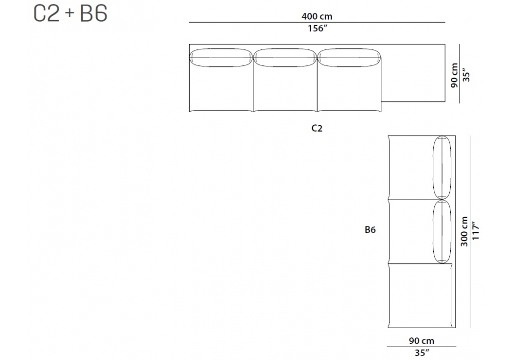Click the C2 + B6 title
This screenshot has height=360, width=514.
(x=70, y=13)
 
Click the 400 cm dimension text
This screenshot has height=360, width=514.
(x=317, y=16)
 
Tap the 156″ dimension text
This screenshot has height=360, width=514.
(x=317, y=28)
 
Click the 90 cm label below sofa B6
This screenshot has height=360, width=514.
(x=421, y=341)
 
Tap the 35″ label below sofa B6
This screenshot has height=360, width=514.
(x=422, y=353)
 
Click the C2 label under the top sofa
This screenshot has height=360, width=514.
(x=317, y=128)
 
